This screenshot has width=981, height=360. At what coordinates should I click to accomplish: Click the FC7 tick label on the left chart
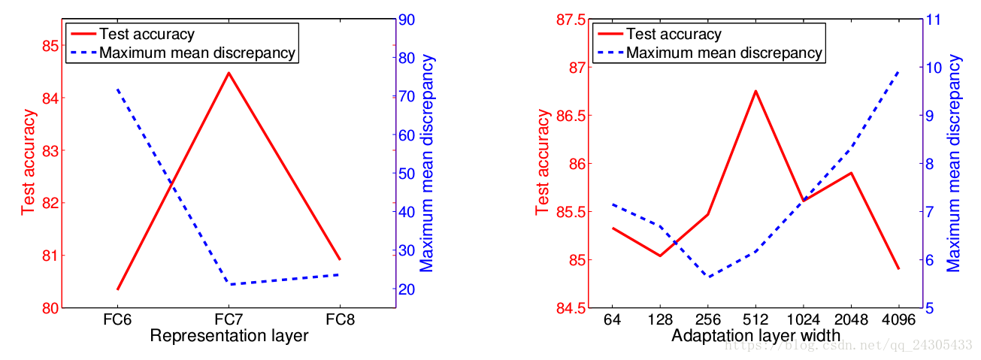pos(229,319)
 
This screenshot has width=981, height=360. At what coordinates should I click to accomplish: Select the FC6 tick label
pos(118,319)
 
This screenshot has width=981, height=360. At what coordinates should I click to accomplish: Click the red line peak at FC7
pos(229,73)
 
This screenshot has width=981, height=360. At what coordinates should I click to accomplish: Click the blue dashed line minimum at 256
pos(708,277)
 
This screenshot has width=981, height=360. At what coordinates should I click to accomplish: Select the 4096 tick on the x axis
pos(898,319)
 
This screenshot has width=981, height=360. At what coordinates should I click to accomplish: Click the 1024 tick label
pos(803,319)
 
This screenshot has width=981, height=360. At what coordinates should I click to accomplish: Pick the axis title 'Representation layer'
pos(229,336)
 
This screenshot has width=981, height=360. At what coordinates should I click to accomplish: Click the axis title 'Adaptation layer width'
pos(755,336)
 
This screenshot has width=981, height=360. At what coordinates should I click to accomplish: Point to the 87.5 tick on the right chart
pos(568,20)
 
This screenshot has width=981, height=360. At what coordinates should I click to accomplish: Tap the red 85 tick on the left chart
pos(50,46)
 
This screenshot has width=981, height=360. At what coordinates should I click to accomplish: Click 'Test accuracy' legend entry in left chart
pos(147,34)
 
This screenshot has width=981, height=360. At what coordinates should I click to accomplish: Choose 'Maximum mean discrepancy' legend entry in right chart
pos(724,53)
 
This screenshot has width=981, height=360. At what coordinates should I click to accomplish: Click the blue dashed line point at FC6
pos(118,89)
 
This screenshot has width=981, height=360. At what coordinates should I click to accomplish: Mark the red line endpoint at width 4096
pos(898,268)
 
